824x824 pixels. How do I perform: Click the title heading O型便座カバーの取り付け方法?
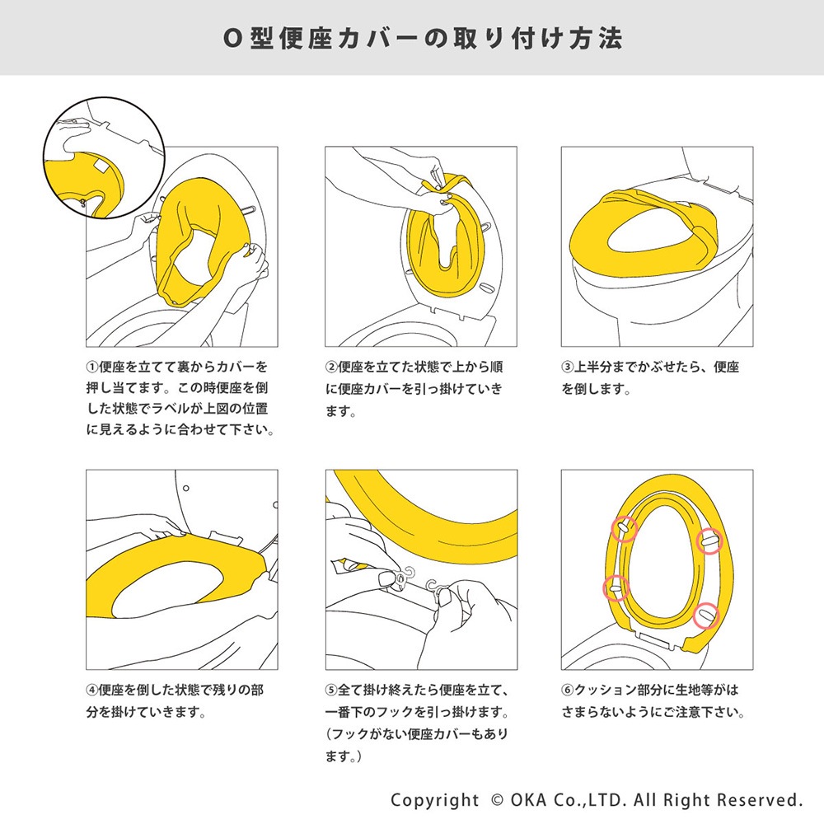point(411,39)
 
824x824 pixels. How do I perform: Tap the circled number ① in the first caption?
point(92,367)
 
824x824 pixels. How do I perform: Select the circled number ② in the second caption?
point(331,367)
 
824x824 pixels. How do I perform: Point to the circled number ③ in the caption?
point(568,367)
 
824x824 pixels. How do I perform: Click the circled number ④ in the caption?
point(92,689)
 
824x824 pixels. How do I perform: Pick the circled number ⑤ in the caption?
point(331,689)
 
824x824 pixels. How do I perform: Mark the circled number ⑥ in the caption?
point(568,689)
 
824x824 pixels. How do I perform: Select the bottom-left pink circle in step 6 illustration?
point(614,587)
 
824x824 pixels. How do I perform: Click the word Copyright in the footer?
point(434,800)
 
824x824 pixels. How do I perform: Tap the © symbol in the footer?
point(496,800)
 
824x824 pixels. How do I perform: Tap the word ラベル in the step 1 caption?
point(190,408)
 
